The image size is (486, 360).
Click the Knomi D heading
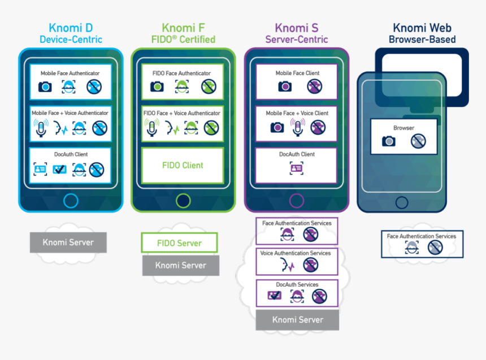(71, 28)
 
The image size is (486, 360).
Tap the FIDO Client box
(183, 166)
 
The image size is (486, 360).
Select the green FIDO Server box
(179, 243)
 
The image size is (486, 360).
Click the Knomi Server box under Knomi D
(68, 242)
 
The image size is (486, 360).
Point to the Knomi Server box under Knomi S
(297, 320)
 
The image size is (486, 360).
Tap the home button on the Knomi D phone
(71, 201)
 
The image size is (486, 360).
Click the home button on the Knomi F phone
(183, 201)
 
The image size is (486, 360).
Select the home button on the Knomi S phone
(296, 201)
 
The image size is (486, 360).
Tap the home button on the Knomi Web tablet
(402, 202)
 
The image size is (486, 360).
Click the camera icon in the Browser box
(389, 141)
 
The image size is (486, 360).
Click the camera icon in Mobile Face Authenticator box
(45, 87)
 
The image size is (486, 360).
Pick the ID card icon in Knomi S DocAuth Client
(296, 168)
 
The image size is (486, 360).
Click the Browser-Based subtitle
(422, 40)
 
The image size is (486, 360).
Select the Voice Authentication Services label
(296, 253)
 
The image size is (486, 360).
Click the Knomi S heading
(296, 28)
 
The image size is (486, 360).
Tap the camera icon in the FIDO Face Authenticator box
(157, 87)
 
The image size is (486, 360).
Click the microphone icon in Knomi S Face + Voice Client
(296, 127)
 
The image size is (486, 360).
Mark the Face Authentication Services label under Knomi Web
(422, 236)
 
